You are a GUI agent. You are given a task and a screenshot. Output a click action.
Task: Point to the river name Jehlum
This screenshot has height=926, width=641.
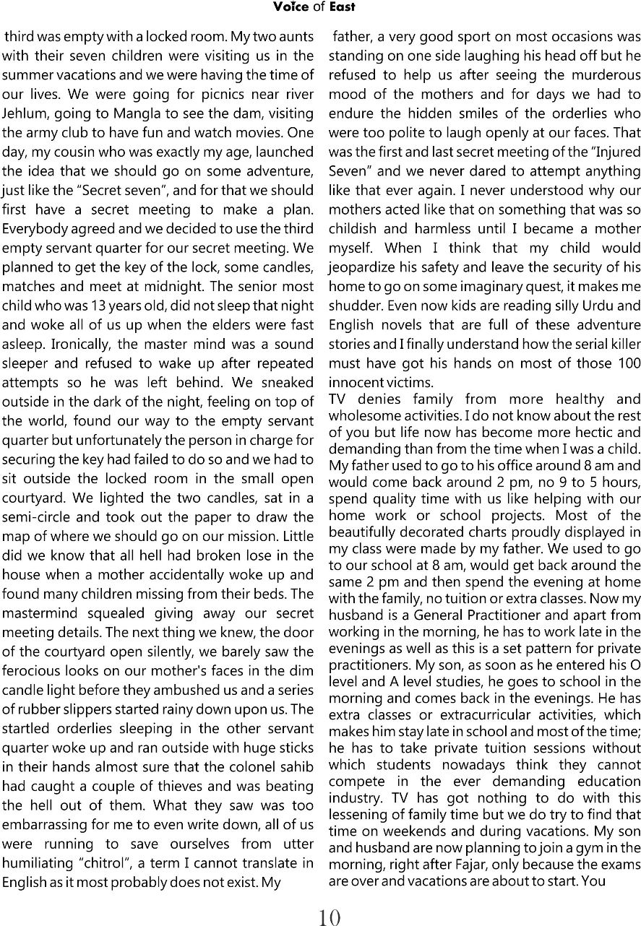[25, 113]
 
